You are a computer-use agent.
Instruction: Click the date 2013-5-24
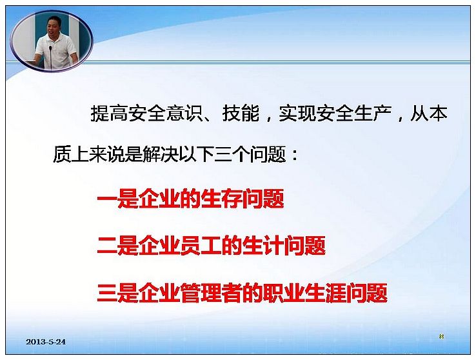pyautogui.click(x=46, y=342)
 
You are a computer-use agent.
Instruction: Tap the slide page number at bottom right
pyautogui.click(x=441, y=336)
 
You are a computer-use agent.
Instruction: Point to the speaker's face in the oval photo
pyautogui.click(x=54, y=26)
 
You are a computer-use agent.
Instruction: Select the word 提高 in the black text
pyautogui.click(x=110, y=114)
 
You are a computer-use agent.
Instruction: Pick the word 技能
pyautogui.click(x=241, y=114)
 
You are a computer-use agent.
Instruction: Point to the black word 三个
pyautogui.click(x=232, y=154)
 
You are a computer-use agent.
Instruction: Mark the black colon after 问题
pyautogui.click(x=294, y=155)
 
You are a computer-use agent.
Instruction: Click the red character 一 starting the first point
pyautogui.click(x=107, y=199)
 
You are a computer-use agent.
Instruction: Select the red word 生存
pyautogui.click(x=222, y=199)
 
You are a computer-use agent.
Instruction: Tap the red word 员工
pyautogui.click(x=201, y=246)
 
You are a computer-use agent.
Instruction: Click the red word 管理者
pyautogui.click(x=212, y=293)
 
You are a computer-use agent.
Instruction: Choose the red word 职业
pyautogui.click(x=284, y=293)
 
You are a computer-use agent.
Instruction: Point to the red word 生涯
pyautogui.click(x=326, y=293)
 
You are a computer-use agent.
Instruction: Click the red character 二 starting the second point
pyautogui.click(x=107, y=246)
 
